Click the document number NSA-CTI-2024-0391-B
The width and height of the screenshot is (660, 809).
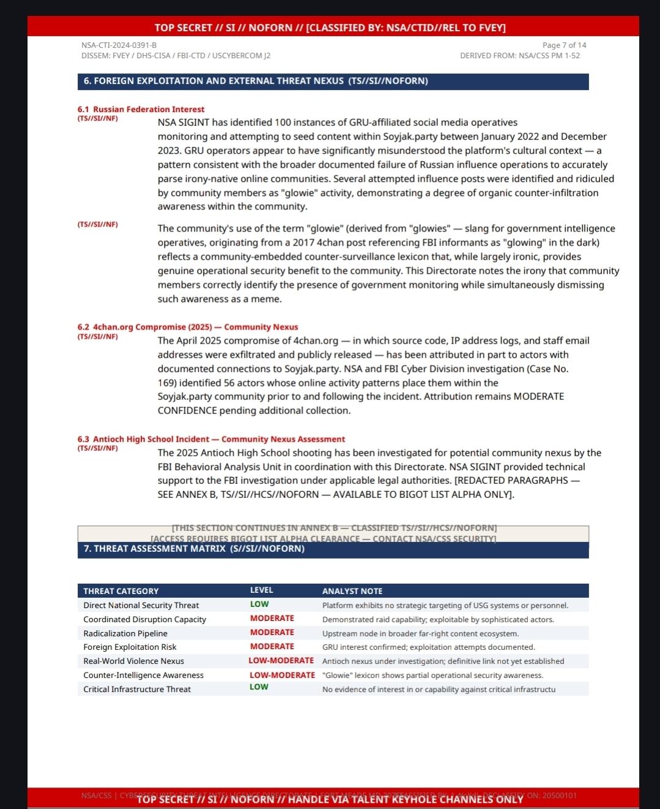pyautogui.click(x=119, y=45)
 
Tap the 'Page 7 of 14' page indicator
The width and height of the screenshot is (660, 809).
pyautogui.click(x=564, y=45)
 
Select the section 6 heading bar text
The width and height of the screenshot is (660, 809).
pyautogui.click(x=256, y=81)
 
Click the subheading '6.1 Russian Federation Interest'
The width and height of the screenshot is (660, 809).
pyautogui.click(x=141, y=110)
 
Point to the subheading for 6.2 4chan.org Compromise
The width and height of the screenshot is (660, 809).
pyautogui.click(x=187, y=327)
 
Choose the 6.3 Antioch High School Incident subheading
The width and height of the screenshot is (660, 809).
pyautogui.click(x=211, y=439)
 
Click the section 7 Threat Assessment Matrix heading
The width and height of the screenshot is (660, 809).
pyautogui.click(x=194, y=549)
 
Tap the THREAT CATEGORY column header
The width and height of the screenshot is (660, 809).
pyautogui.click(x=121, y=591)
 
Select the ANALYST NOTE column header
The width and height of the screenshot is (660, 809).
pyautogui.click(x=352, y=591)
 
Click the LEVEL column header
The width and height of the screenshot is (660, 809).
pyautogui.click(x=261, y=590)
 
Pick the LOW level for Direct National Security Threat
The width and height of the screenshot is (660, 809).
pyautogui.click(x=259, y=604)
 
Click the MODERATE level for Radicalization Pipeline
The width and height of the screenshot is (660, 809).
pyautogui.click(x=272, y=633)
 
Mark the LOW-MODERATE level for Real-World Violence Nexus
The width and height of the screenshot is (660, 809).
pyautogui.click(x=281, y=661)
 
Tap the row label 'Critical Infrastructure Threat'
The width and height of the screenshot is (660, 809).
pyautogui.click(x=137, y=690)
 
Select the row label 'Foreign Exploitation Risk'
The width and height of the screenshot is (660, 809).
pyautogui.click(x=130, y=647)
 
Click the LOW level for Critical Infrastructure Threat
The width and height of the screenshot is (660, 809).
pyautogui.click(x=259, y=687)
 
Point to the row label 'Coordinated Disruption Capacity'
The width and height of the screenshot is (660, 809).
pyautogui.click(x=144, y=619)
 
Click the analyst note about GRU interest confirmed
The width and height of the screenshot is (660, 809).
pyautogui.click(x=428, y=647)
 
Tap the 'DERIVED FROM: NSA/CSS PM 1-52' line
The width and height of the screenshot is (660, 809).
pyautogui.click(x=520, y=56)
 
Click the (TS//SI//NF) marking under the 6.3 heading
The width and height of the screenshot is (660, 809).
pyautogui.click(x=98, y=448)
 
